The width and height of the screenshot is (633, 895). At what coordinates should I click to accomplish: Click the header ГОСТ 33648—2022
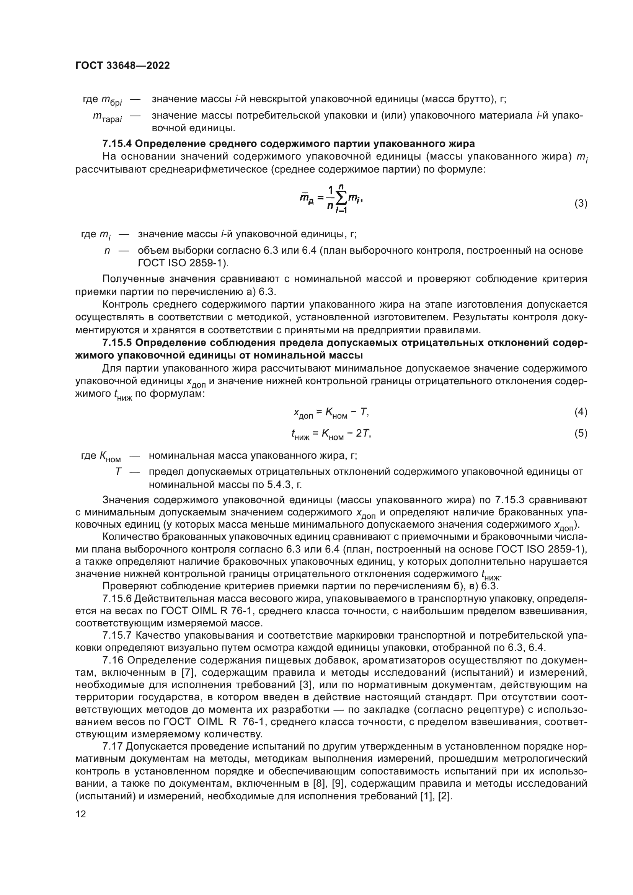click(122, 65)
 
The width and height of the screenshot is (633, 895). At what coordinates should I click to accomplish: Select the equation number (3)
click(581, 204)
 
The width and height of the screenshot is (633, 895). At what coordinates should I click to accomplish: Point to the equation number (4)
click(581, 412)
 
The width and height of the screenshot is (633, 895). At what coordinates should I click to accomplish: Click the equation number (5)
click(581, 434)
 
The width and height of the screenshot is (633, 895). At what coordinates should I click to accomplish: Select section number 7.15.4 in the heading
click(117, 144)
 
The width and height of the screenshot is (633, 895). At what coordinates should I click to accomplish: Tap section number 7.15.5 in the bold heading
click(117, 342)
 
